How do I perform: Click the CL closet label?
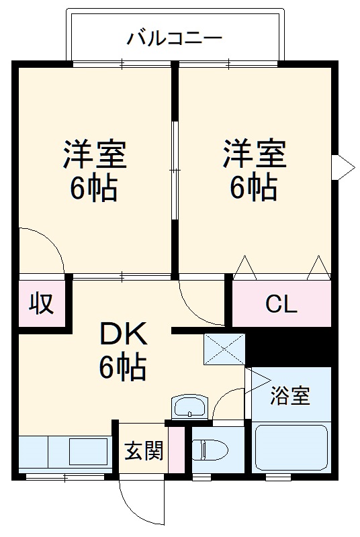click(281, 304)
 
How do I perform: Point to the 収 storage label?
click(41, 304)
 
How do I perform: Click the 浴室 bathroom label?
click(290, 396)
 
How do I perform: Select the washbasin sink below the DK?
click(190, 407)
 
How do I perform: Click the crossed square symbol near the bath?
click(224, 348)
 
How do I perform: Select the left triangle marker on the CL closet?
click(244, 267)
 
